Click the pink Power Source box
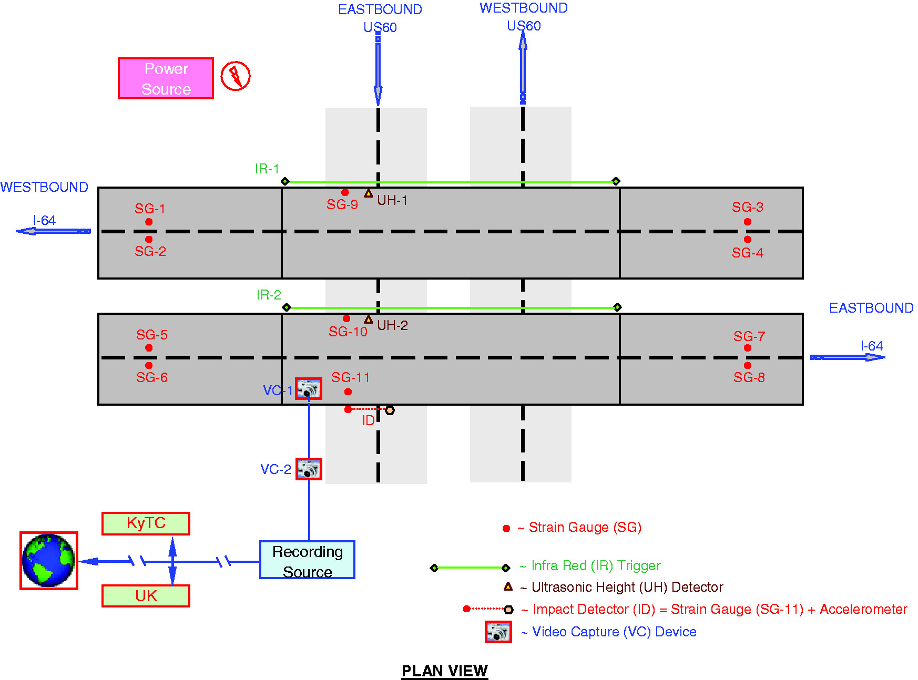tap(166, 78)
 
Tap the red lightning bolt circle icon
tap(235, 76)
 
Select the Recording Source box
tap(307, 560)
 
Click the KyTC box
tap(146, 523)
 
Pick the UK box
tap(146, 596)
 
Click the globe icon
tap(49, 561)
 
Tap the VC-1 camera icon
tap(308, 389)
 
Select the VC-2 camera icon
tap(309, 469)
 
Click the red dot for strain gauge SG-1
tap(149, 222)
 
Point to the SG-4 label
tap(747, 253)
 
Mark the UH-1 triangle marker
tap(369, 193)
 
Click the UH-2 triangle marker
tap(369, 319)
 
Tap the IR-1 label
tap(267, 169)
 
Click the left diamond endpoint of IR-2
tap(287, 307)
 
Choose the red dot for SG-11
tap(348, 391)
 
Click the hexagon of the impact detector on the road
tap(390, 410)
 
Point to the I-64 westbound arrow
tap(53, 231)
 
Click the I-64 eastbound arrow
tap(848, 357)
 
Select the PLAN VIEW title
tap(445, 671)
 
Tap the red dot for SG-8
tap(748, 365)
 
